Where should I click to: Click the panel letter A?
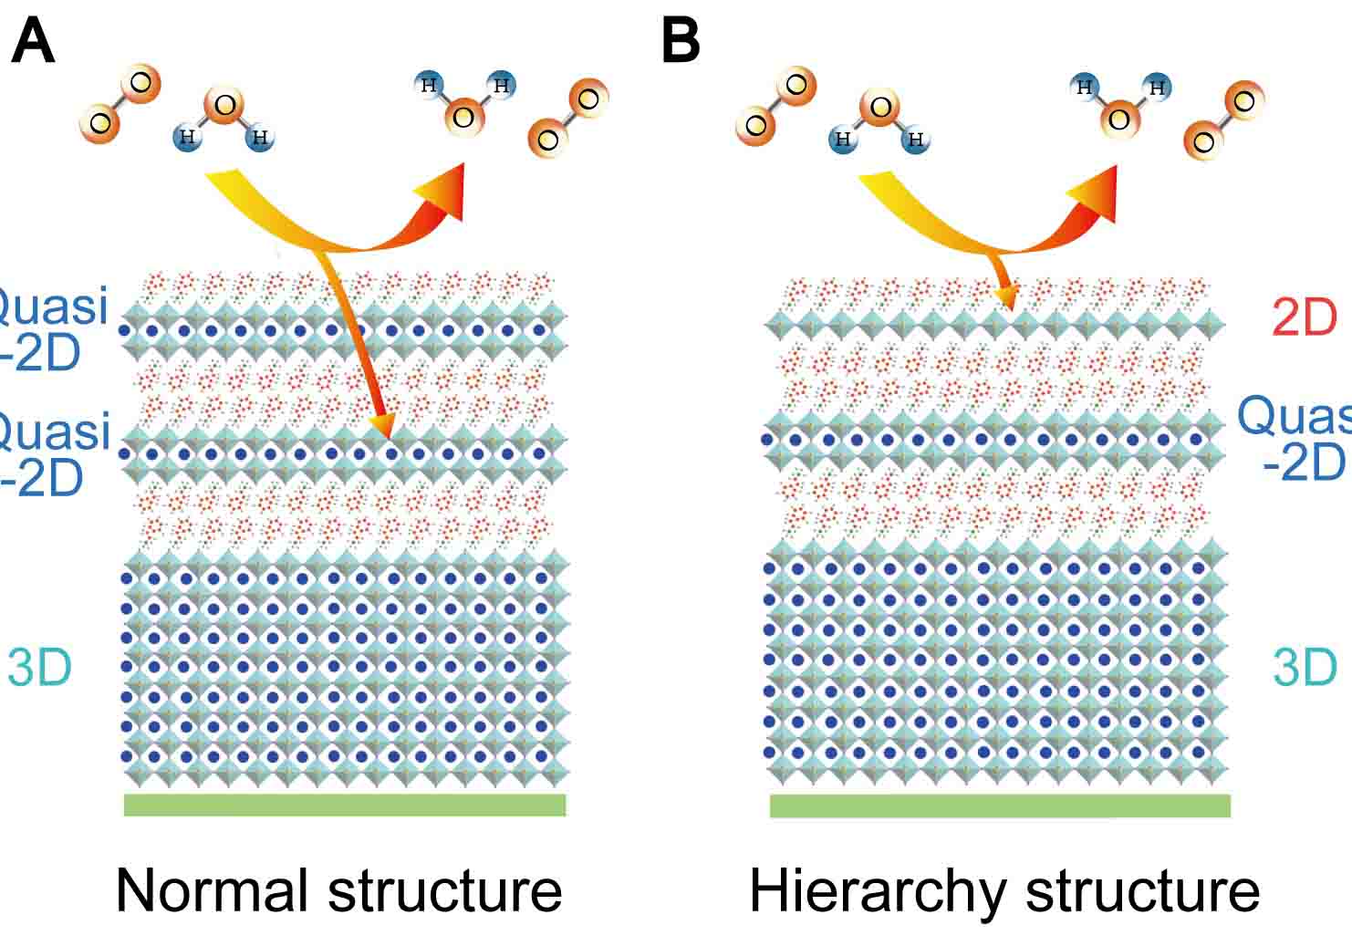coord(33,43)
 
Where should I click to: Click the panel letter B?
coord(680,43)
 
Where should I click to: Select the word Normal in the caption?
coord(215,890)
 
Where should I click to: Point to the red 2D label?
coord(1304,317)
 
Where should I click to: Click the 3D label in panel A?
coord(39,668)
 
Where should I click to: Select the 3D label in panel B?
coord(1305,668)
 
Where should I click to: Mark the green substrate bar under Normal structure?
coord(344,805)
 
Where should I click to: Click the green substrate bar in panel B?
coord(1000,806)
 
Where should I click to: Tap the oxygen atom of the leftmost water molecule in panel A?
coord(224,106)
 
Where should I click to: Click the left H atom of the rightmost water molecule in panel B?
coord(1085,88)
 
